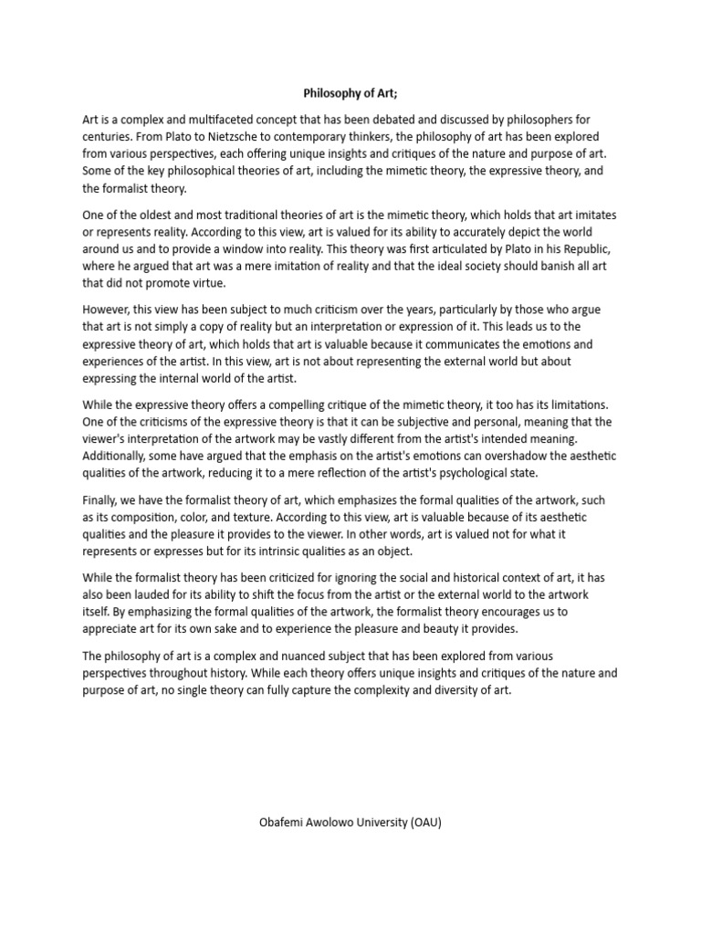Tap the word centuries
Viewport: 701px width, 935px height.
coord(110,137)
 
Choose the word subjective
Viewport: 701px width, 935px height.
coord(422,422)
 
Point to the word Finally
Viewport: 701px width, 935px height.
coord(101,500)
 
